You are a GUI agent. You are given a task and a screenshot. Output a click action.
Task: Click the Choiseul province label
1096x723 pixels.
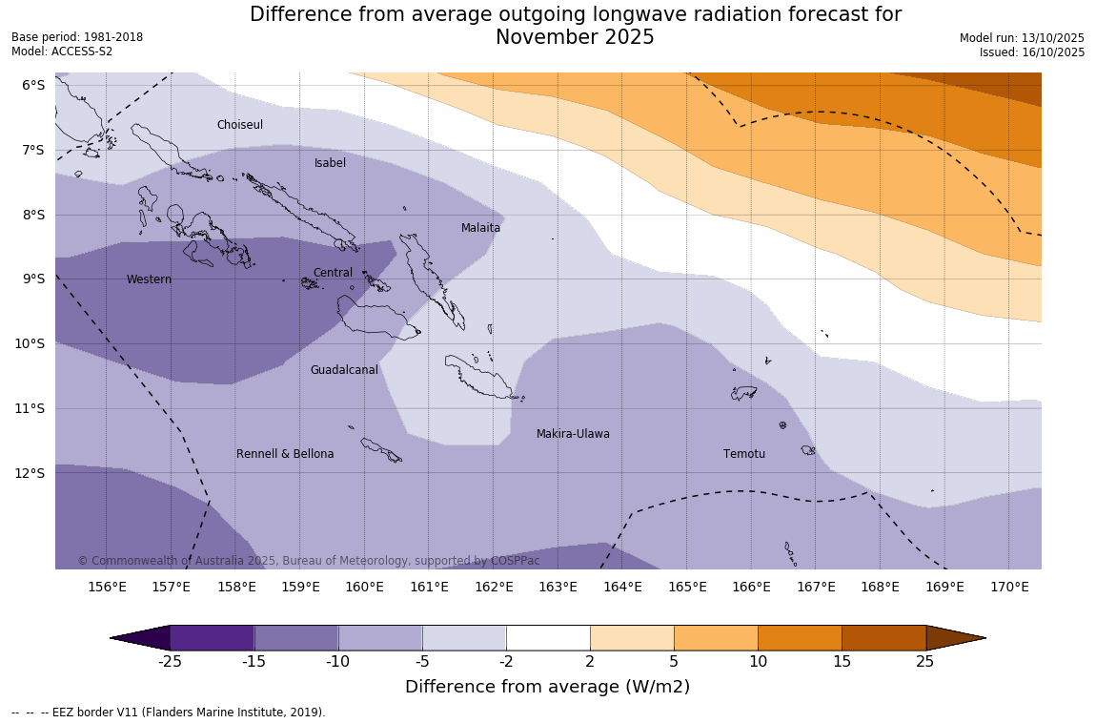239,125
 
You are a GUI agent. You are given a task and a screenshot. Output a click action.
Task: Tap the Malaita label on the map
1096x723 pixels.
480,228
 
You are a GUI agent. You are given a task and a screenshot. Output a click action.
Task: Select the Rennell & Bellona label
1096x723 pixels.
285,454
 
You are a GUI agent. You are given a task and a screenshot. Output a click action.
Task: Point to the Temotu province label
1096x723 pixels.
743,454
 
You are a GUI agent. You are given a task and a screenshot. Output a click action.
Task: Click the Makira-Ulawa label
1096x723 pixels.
573,434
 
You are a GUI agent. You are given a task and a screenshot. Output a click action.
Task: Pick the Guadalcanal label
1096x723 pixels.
344,370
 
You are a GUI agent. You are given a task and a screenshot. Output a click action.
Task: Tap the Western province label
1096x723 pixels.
149,279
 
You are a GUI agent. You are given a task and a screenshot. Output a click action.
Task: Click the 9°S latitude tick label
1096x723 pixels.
33,279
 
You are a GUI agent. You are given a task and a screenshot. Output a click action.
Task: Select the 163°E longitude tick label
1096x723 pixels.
558,587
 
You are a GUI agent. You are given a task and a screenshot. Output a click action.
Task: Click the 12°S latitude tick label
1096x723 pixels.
33,473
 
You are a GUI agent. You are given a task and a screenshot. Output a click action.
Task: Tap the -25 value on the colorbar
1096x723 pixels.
170,661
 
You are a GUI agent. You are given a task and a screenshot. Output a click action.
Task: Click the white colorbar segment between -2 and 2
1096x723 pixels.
548,638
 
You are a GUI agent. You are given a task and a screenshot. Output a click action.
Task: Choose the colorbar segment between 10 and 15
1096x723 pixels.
800,638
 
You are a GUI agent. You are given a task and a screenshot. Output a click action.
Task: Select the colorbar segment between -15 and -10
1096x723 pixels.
296,638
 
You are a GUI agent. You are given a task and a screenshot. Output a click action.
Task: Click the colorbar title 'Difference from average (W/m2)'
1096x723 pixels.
547,687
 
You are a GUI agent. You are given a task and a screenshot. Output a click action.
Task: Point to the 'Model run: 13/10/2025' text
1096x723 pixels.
1022,37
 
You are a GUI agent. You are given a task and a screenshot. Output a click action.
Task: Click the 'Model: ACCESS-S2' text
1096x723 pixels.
62,52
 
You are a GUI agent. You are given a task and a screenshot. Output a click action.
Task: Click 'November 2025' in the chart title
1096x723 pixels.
575,37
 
